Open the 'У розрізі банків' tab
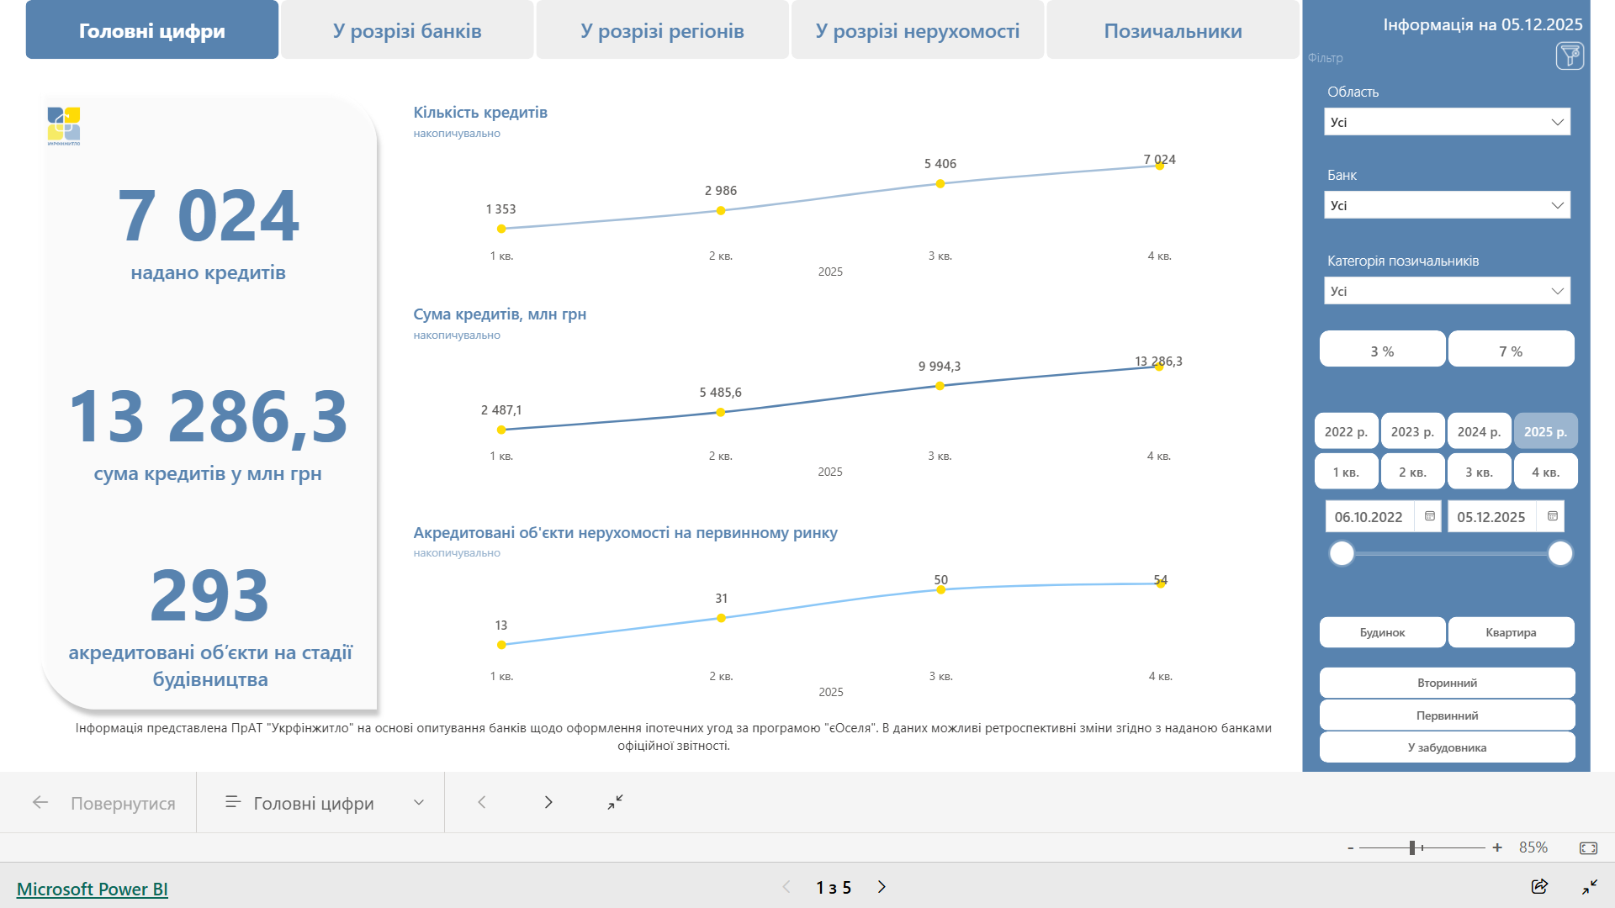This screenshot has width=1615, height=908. [x=407, y=31]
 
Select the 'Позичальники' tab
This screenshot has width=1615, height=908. [x=1173, y=31]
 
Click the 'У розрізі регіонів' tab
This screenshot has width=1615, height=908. [x=662, y=31]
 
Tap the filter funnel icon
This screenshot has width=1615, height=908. [x=1570, y=56]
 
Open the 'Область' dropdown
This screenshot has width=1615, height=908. [x=1447, y=122]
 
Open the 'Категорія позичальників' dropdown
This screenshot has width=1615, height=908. [x=1447, y=291]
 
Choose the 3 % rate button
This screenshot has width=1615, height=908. [x=1382, y=351]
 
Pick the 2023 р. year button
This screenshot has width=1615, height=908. [x=1412, y=431]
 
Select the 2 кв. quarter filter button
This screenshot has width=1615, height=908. [x=1412, y=472]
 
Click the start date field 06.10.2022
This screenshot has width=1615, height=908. [x=1369, y=516]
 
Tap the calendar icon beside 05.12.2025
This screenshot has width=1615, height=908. [x=1553, y=516]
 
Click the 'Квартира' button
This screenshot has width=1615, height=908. [x=1511, y=632]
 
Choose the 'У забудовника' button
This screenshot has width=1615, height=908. [x=1447, y=747]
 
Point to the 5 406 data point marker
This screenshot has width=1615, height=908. [x=940, y=183]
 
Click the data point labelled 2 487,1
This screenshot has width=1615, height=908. [x=501, y=430]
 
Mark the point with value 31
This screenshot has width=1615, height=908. [x=721, y=618]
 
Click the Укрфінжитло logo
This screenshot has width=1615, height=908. [x=64, y=125]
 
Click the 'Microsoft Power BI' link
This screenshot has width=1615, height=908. [x=93, y=889]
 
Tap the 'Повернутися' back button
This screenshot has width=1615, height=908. [x=104, y=803]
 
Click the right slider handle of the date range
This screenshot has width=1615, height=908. [x=1560, y=553]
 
